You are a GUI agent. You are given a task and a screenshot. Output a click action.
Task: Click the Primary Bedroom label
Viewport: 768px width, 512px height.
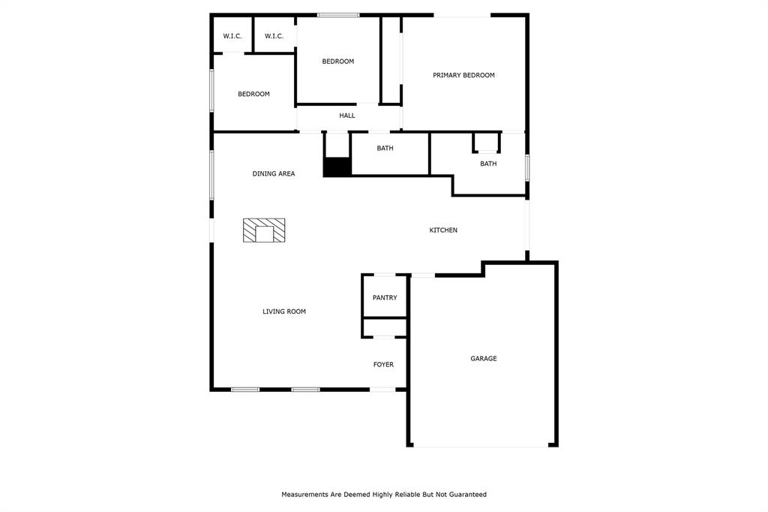463,75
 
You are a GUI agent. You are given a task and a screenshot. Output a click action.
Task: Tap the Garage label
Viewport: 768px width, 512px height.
484,359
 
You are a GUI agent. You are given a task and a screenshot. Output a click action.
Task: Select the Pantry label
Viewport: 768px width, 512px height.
385,298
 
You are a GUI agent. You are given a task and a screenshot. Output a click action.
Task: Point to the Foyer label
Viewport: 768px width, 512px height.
383,364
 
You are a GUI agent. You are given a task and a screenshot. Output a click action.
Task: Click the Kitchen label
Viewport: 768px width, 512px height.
443,230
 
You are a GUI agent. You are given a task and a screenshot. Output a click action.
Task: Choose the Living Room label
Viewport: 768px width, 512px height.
284,312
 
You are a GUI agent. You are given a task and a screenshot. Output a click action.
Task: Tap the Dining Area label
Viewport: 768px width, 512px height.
273,173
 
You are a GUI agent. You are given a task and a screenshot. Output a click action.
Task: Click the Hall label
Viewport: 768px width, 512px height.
346,116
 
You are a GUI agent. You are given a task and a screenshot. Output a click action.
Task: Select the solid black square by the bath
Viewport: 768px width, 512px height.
337,167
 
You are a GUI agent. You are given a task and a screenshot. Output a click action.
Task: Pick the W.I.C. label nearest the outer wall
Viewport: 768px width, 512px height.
232,36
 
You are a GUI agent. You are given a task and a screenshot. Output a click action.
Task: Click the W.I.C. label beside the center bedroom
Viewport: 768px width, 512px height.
274,36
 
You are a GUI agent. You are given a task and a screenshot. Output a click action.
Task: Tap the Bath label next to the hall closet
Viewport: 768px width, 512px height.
385,148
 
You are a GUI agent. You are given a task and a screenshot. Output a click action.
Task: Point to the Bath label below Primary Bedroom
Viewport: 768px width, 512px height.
487,164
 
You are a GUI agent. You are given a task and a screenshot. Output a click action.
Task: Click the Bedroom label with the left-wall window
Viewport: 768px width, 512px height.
253,94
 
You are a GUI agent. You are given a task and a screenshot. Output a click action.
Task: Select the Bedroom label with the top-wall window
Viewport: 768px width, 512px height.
338,62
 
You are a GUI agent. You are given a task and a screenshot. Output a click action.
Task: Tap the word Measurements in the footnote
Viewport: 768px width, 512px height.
304,494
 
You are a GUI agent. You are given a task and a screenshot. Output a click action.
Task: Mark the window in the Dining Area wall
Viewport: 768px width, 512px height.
211,175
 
